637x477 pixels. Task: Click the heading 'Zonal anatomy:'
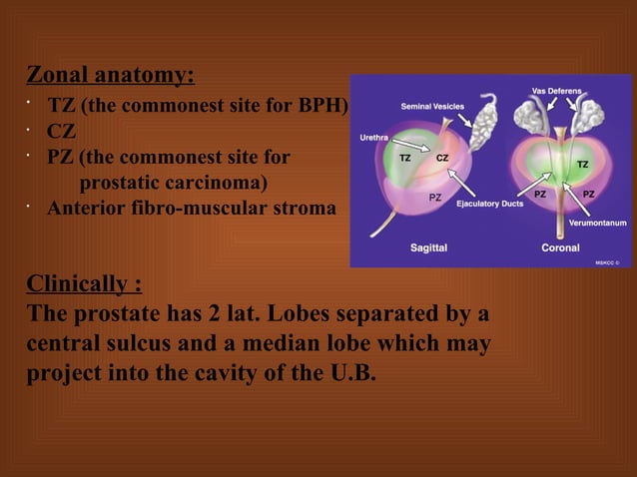110,76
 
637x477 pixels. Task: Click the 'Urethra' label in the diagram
374,137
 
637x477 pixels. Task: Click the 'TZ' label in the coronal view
582,164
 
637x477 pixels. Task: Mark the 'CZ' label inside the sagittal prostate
441,158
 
